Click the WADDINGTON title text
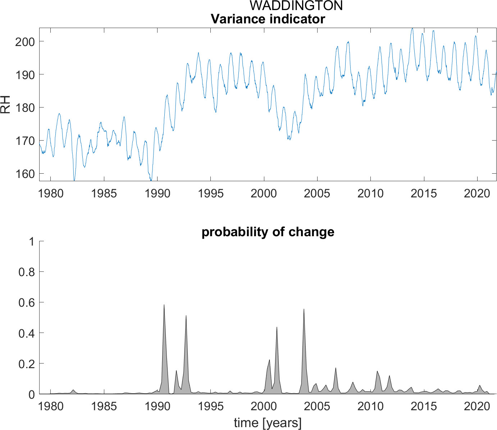pos(296,6)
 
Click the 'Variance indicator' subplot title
pos(268,19)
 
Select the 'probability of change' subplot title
pos(268,232)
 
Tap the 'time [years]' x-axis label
pos(268,423)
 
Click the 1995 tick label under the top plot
pos(211,193)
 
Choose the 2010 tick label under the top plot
pos(370,193)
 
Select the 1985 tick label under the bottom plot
pos(104,407)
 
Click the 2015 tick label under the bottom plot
pos(424,407)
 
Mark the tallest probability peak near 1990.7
pos(164,305)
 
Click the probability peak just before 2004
pos(304,309)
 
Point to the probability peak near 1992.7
pos(186,316)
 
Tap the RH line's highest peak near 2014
pos(412,28)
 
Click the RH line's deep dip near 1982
pos(74,180)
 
